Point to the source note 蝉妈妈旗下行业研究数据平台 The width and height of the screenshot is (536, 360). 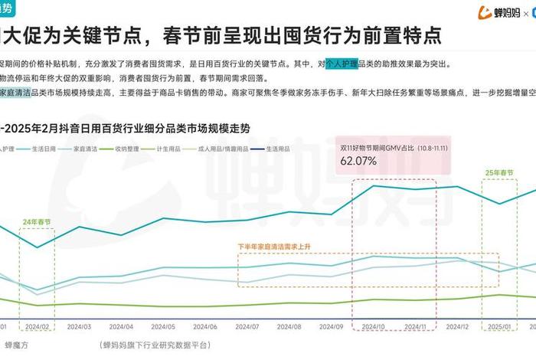coord(154,345)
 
